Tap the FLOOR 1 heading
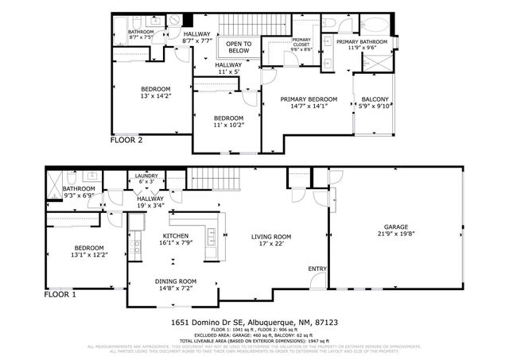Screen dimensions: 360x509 coord(60,294)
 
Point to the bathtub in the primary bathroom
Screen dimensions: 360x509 coord(371,25)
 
